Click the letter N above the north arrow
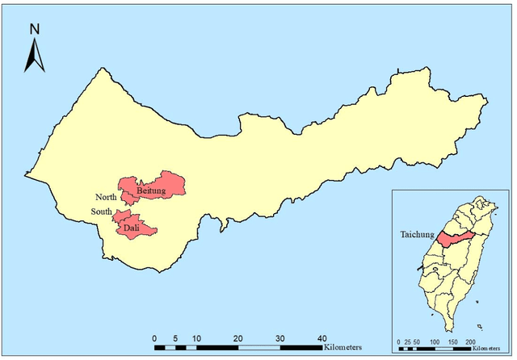point(34,29)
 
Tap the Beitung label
point(151,190)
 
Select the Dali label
point(132,228)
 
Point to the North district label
point(106,197)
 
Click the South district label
point(102,212)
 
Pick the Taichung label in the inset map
point(416,235)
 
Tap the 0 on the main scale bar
point(153,337)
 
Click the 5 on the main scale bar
point(174,337)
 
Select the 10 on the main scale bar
point(195,337)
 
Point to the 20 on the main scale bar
point(237,337)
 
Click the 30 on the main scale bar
point(280,337)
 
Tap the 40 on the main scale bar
point(321,337)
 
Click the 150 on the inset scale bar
point(453,342)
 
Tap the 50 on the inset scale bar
point(418,342)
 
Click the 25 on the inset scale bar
point(410,342)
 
